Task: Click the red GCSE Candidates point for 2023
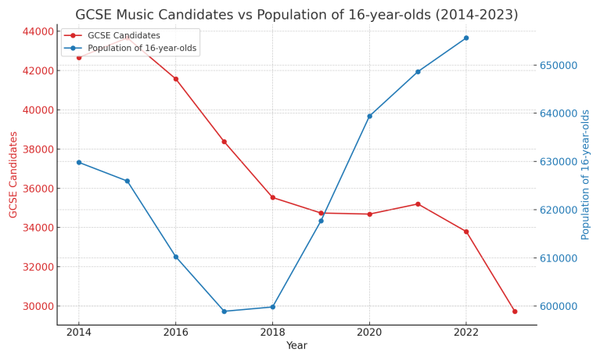click(515, 311)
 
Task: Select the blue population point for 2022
click(466, 38)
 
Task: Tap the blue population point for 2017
click(224, 311)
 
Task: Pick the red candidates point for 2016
click(175, 79)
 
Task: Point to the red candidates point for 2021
click(418, 204)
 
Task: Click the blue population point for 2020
click(369, 116)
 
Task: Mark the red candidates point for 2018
click(272, 197)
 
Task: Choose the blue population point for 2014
click(78, 162)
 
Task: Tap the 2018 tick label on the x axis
click(272, 333)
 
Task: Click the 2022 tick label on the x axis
click(466, 333)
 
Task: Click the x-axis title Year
click(296, 346)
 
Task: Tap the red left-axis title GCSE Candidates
click(13, 175)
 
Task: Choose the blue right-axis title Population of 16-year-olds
click(586, 175)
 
